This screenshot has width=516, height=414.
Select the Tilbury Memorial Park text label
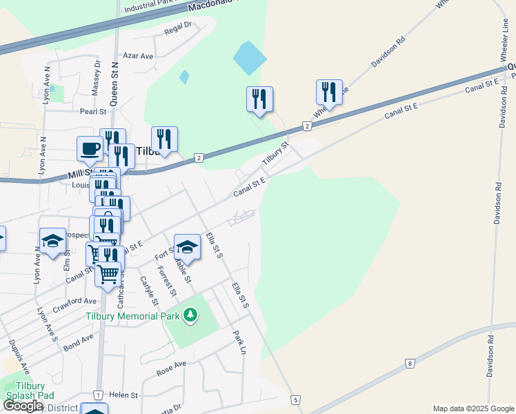point(132,316)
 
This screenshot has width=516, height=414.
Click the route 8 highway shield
point(410,363)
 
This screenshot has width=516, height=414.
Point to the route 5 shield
point(295,400)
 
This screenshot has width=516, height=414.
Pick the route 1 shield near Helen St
point(99,395)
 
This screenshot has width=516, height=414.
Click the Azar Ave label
point(137,56)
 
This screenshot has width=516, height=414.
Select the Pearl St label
point(93,111)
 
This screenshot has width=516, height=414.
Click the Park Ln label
point(239,342)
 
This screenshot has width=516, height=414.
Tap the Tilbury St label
point(274,154)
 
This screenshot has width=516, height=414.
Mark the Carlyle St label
point(149,291)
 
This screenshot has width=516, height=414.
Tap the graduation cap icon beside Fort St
point(187,246)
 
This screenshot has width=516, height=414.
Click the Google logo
point(23,406)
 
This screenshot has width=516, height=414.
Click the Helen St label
point(124,395)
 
